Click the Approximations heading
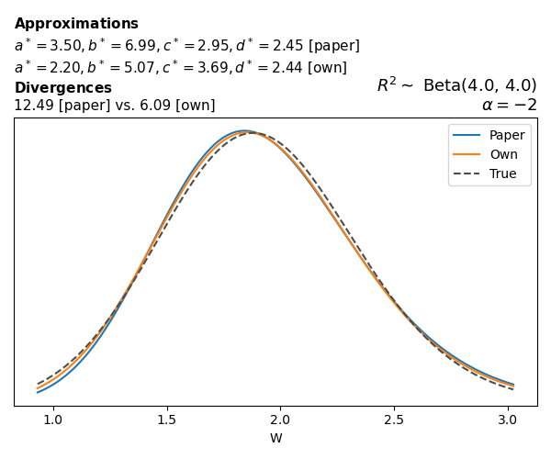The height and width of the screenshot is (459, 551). click(76, 24)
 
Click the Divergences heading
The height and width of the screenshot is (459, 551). click(62, 88)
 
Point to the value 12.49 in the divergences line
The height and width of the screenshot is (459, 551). click(32, 106)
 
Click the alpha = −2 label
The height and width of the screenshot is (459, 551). click(509, 105)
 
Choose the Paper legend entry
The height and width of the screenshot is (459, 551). click(507, 136)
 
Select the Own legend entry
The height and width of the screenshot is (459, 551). click(503, 154)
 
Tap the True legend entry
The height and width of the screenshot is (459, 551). click(502, 174)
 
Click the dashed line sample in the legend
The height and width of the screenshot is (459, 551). click(468, 174)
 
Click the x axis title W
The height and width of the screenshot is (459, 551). click(275, 439)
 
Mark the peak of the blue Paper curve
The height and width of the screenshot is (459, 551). click(244, 131)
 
